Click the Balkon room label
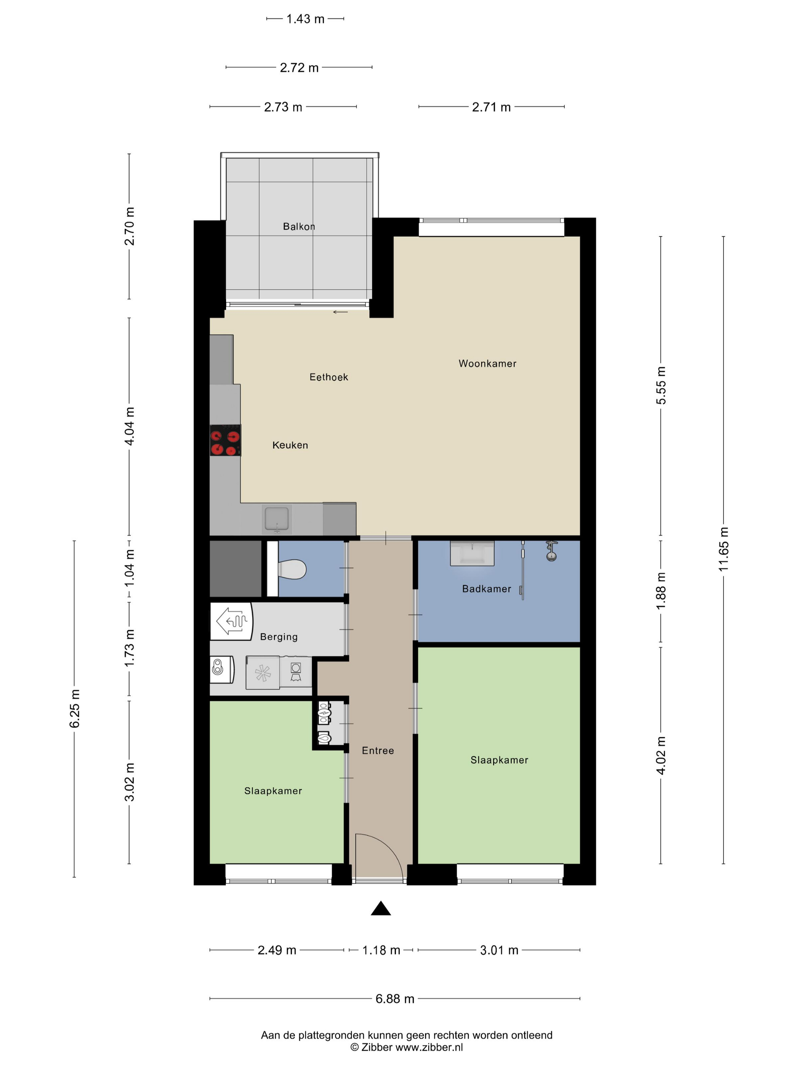coord(299,226)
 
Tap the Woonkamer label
coord(487,364)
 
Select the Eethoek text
coord(329,377)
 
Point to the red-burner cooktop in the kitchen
coord(225,440)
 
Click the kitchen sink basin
coord(277,518)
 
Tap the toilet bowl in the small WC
coord(292,569)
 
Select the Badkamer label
coord(486,589)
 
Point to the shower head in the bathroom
coord(551,551)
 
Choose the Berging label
coord(279,636)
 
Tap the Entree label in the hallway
coord(378,750)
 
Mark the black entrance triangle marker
coord(380,908)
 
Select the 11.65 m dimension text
coord(724,549)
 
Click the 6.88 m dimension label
coord(395,998)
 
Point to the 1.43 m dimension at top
coord(305,19)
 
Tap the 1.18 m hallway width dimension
coord(381,950)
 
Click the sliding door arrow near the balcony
coord(340,312)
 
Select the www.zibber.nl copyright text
coord(429,1047)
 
